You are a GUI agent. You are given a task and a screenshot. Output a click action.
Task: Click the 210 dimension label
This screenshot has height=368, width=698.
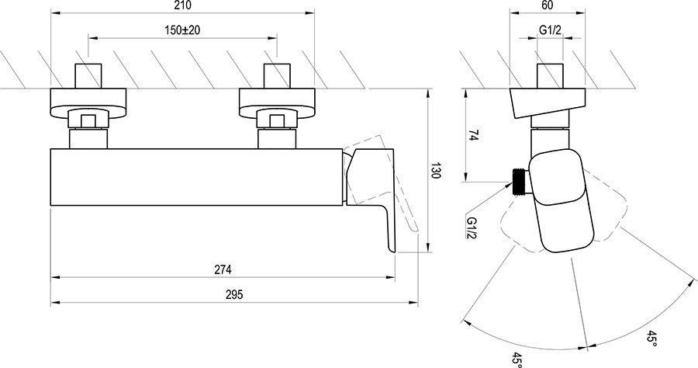[183, 5]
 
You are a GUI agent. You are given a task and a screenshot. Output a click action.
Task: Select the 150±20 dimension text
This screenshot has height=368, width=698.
[182, 30]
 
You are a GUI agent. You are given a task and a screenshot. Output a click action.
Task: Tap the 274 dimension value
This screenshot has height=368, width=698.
[223, 269]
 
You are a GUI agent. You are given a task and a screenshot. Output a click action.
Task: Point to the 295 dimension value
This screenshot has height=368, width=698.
[234, 294]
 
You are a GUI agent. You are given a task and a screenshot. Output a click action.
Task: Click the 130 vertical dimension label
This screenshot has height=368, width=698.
[436, 171]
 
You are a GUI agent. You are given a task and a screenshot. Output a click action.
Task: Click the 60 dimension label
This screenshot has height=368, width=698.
[548, 5]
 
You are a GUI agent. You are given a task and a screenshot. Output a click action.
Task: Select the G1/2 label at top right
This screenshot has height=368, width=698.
[550, 30]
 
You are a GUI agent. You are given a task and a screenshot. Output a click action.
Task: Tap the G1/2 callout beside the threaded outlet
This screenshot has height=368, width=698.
[472, 227]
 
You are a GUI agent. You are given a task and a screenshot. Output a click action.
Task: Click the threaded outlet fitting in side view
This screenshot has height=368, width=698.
[520, 182]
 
